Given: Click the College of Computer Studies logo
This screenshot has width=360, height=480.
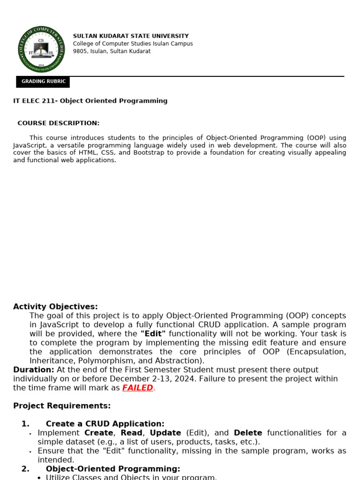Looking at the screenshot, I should coord(41,49).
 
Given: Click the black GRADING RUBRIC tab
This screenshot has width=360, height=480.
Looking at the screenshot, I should coord(43,82).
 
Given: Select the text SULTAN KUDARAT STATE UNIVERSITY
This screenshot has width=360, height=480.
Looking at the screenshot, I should coord(131,36).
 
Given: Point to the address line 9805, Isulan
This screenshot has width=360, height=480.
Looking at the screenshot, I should coord(112,51).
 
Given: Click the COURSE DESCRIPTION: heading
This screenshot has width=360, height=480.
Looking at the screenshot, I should coord(59,123).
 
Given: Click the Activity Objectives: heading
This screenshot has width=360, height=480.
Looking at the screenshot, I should coord(55,307).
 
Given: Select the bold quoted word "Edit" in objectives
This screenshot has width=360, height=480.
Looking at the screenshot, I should coord(153,334).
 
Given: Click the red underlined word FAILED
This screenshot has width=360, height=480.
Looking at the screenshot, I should coord(138,388).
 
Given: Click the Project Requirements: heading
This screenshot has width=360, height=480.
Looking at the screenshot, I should coord(62,406).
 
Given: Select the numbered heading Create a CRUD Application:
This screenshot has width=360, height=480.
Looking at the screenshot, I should coord(105,424).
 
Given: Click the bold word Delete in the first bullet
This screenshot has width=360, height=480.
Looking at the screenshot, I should coord(248,433).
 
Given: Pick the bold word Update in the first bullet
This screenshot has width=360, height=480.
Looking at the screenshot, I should coord(165,433).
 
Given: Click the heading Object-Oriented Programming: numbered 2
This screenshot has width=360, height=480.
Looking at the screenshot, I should coord(113,469).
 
